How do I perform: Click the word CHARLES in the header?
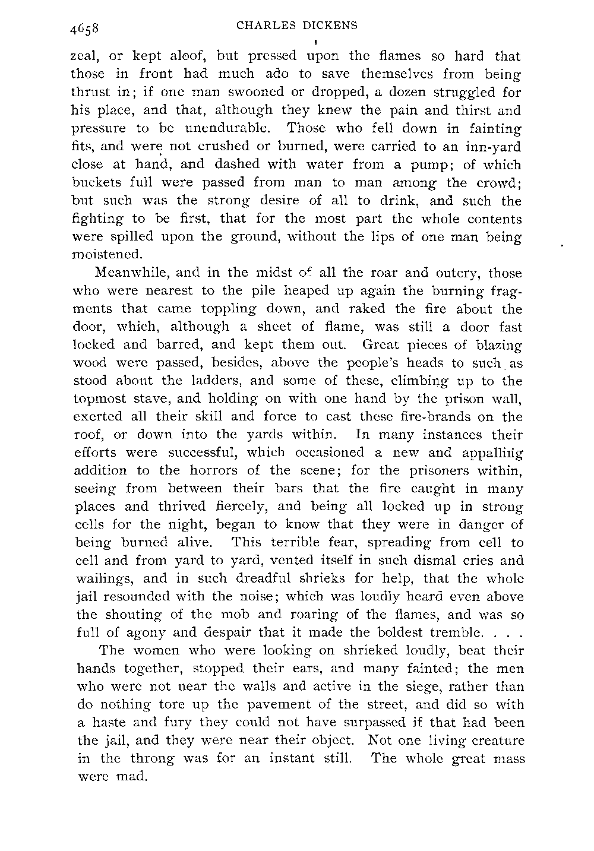260,26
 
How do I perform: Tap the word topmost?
95,399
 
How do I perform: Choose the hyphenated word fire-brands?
430,417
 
